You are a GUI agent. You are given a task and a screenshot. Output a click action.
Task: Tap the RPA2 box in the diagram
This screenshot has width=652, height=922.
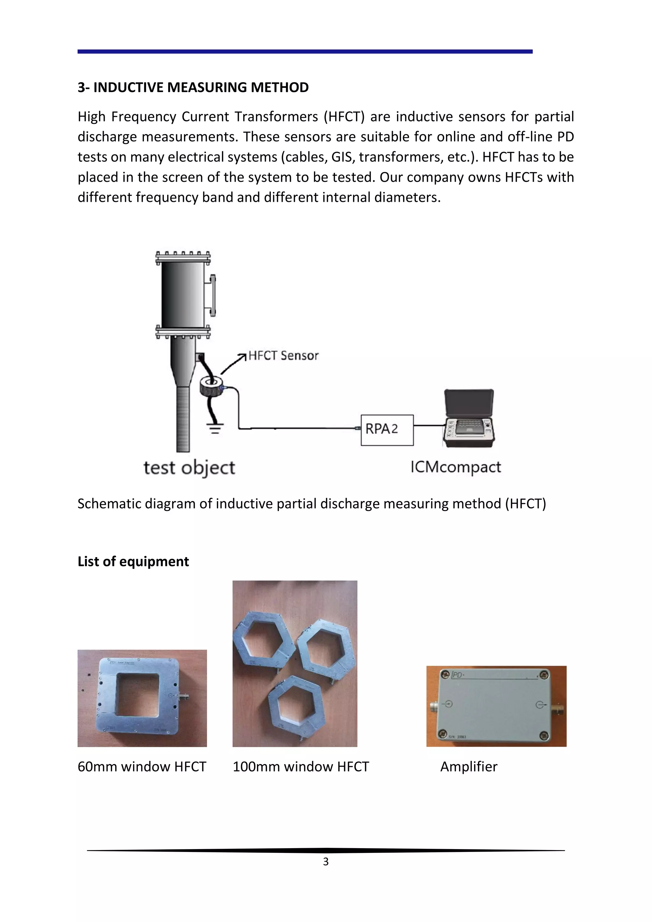(387, 430)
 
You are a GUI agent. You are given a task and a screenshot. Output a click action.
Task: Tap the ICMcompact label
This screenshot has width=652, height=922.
(456, 467)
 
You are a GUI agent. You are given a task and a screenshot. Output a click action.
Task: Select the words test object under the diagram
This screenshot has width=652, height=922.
(189, 468)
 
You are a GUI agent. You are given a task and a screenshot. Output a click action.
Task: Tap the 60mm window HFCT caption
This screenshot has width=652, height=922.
(142, 767)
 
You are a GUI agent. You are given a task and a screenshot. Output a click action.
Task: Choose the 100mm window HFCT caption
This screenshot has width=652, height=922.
(301, 767)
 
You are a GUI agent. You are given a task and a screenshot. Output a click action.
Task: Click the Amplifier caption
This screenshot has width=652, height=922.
(469, 767)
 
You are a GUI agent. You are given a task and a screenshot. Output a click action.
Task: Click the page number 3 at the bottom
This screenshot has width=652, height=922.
(326, 862)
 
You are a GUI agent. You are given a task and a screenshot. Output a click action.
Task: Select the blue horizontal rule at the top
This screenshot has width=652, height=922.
(305, 51)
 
